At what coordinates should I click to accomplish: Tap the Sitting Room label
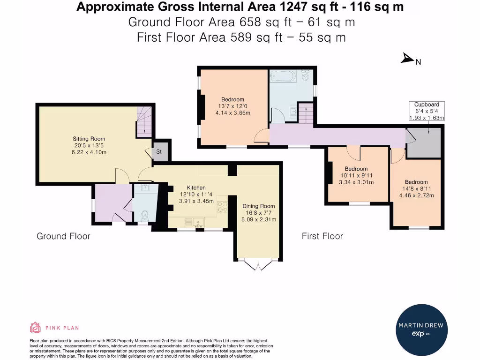click(89, 139)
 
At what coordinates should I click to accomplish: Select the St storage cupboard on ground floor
click(159, 152)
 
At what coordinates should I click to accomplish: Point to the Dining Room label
click(258, 206)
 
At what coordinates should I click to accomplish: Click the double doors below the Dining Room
click(258, 265)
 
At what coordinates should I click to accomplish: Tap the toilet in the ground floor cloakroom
click(145, 216)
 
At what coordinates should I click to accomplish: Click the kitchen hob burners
click(223, 207)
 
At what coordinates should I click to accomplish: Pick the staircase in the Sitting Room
click(144, 121)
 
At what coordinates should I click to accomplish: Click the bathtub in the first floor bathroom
click(283, 76)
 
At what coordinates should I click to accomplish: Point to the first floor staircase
click(306, 113)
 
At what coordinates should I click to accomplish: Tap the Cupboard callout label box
click(426, 111)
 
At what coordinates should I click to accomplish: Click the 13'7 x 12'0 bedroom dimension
click(233, 106)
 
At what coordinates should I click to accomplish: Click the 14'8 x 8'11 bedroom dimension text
click(416, 189)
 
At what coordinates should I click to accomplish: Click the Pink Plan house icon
click(36, 328)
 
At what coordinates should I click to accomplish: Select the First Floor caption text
click(322, 236)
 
